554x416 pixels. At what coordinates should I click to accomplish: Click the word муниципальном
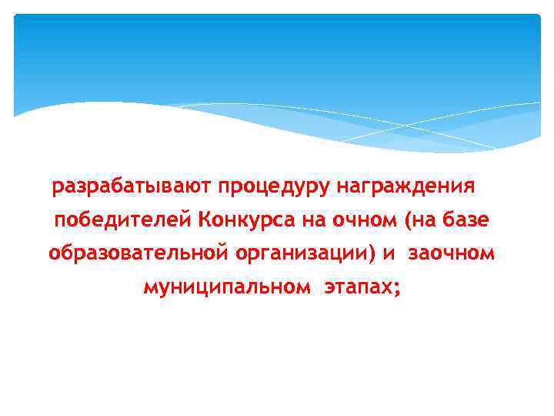pos(228,287)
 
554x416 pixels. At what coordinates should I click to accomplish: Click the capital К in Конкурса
pos(204,221)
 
